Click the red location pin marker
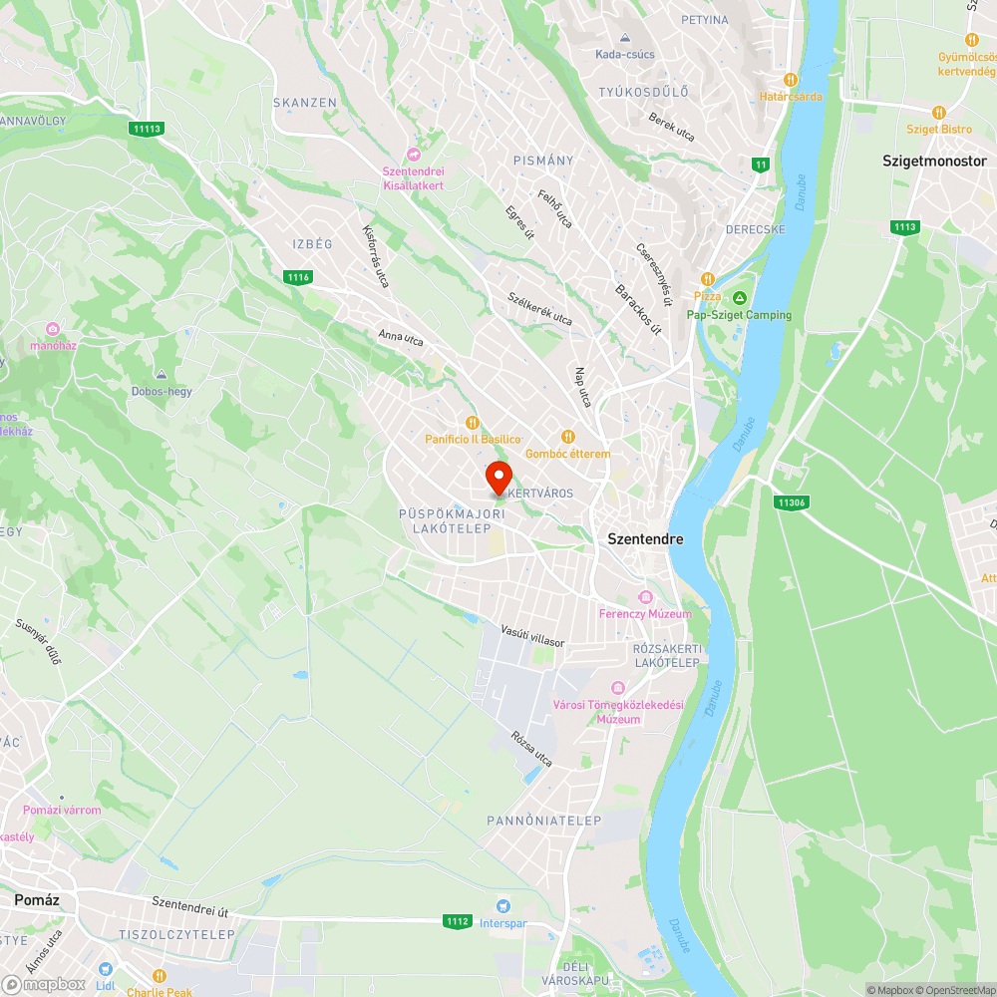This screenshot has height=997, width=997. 498,477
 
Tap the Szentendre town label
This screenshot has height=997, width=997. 646,538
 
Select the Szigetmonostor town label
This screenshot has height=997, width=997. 934,161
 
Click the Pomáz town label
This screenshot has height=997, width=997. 37,899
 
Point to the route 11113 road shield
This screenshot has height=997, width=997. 146,129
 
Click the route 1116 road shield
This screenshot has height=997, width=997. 297,276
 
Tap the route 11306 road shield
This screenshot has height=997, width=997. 791,502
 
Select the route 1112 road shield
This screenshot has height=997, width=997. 458,921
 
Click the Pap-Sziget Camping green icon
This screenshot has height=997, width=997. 740,298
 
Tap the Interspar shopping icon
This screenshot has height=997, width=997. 503,905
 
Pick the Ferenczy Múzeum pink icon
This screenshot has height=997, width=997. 645,597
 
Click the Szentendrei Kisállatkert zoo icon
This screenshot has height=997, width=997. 413,154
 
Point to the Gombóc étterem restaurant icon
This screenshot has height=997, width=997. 568,436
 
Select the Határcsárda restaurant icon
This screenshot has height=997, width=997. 791,79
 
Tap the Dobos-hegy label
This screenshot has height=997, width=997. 162,391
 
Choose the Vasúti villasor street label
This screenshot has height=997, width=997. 532,636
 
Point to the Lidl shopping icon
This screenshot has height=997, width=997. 106,967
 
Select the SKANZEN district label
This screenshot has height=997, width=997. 305,103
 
